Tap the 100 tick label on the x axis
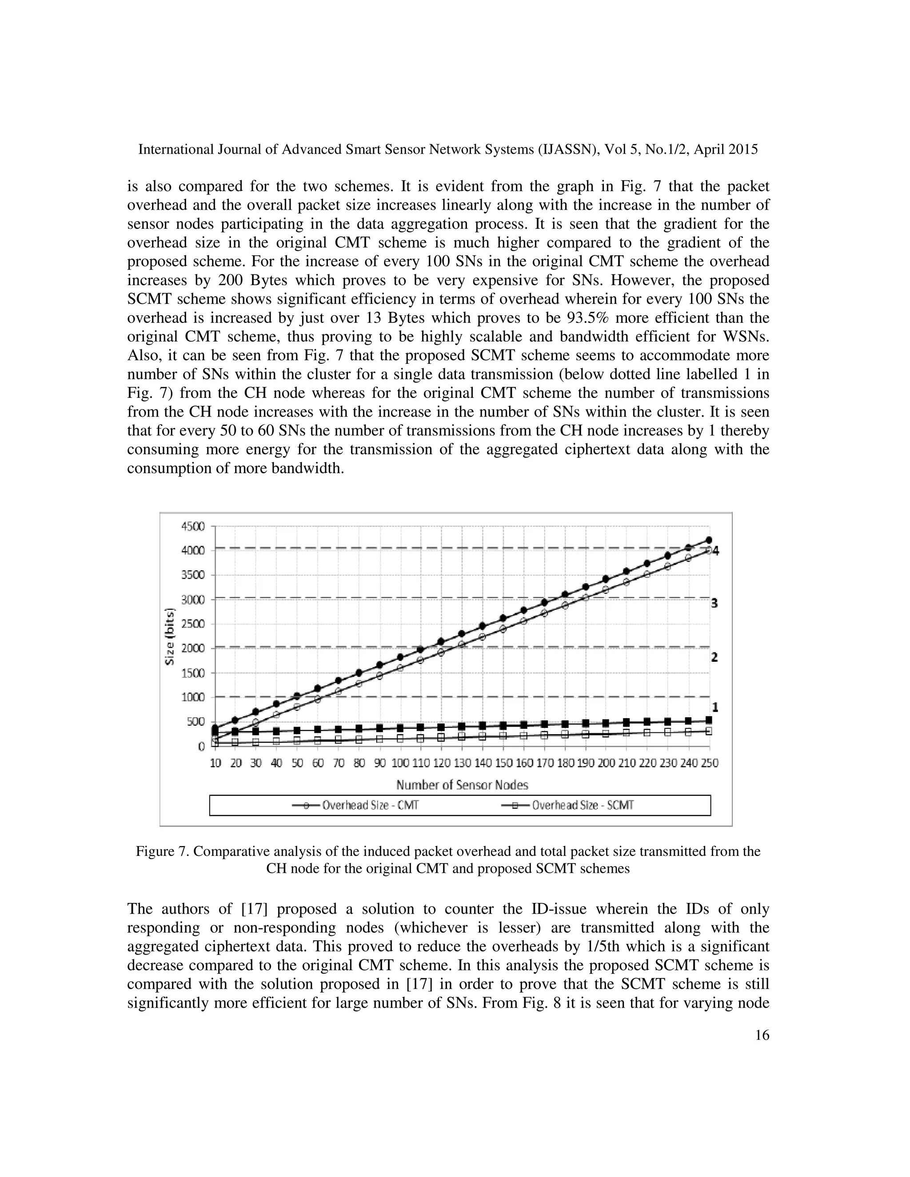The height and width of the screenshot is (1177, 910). [400, 763]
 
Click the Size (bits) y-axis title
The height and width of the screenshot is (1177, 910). [170, 636]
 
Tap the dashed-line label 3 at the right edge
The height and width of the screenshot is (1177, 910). [714, 603]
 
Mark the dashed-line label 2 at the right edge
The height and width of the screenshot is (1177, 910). [714, 657]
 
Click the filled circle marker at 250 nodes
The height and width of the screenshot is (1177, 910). [709, 540]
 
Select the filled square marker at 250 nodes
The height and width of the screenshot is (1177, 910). [709, 720]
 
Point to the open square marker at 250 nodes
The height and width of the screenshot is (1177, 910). [709, 731]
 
